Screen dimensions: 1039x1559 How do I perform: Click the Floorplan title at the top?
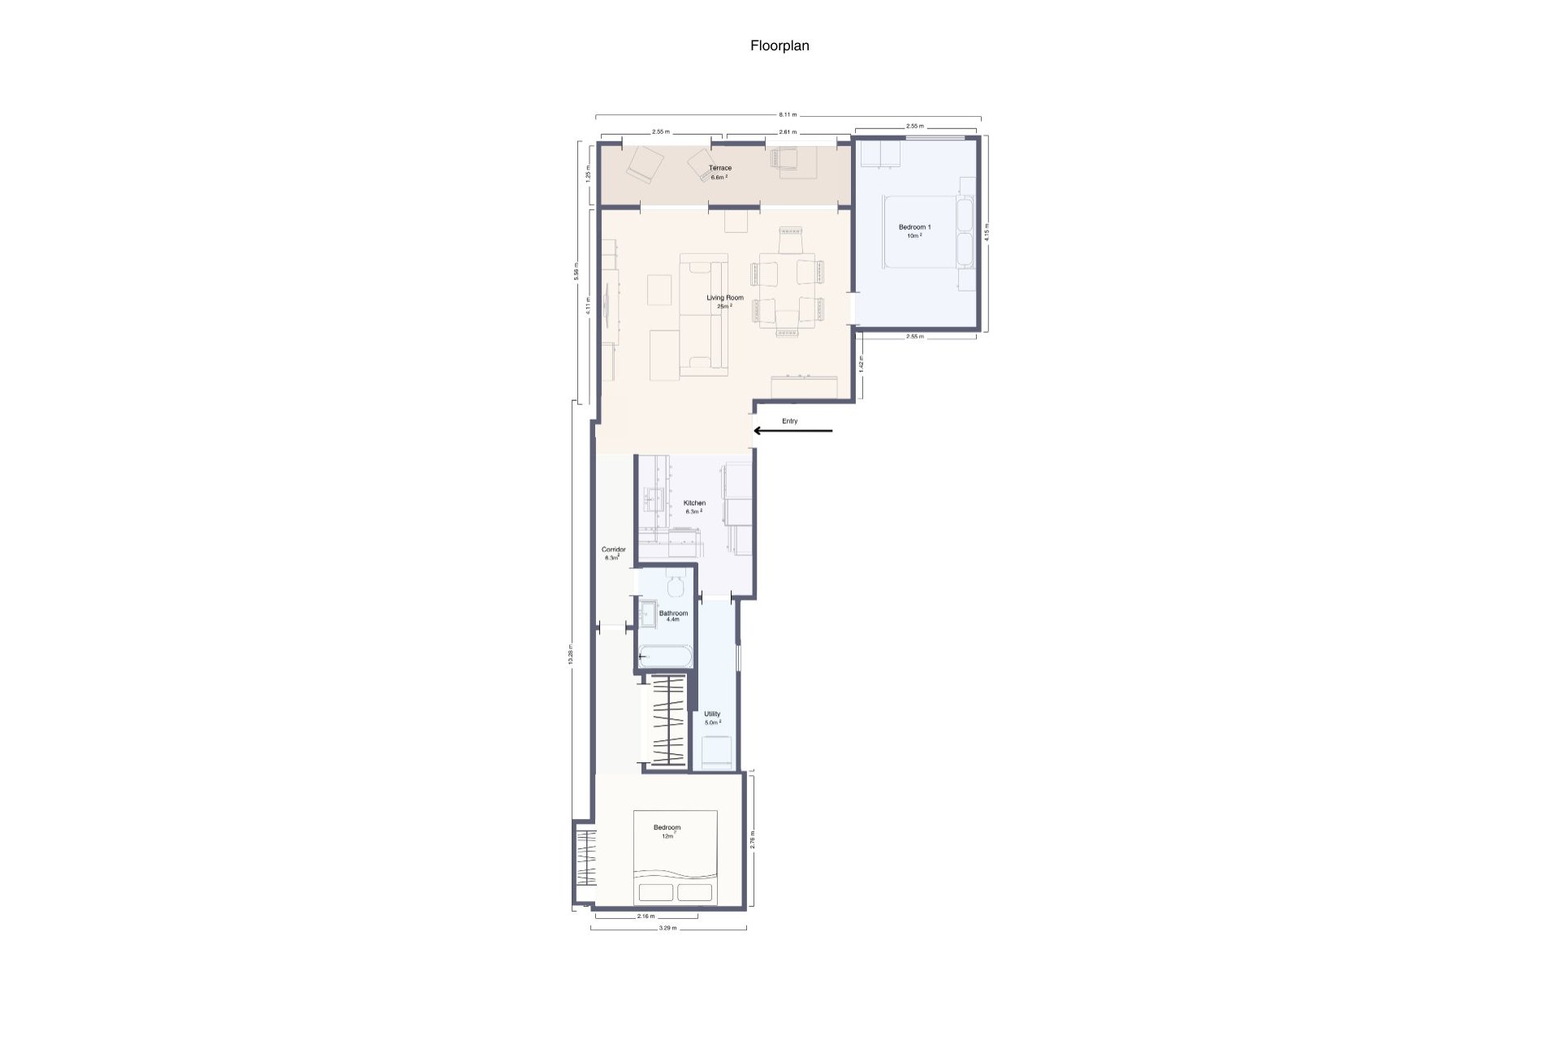pyautogui.click(x=779, y=46)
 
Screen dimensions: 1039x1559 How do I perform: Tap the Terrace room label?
pyautogui.click(x=719, y=168)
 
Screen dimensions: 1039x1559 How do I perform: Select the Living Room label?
pyautogui.click(x=724, y=298)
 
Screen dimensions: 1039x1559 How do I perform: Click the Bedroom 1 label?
pyautogui.click(x=914, y=227)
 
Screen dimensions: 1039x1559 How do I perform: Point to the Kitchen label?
pyautogui.click(x=694, y=503)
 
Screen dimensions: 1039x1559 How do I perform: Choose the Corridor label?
pyautogui.click(x=613, y=550)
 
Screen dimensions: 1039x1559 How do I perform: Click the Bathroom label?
pyautogui.click(x=673, y=614)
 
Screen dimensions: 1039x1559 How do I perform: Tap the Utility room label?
pyautogui.click(x=712, y=714)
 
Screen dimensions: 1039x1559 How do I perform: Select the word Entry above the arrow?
pyautogui.click(x=789, y=421)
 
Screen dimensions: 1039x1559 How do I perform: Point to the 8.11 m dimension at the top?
pyautogui.click(x=788, y=114)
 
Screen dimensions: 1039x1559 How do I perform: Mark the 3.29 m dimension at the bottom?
pyautogui.click(x=667, y=928)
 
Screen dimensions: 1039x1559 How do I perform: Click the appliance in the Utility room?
pyautogui.click(x=717, y=751)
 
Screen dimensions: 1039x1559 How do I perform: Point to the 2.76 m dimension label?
pyautogui.click(x=753, y=839)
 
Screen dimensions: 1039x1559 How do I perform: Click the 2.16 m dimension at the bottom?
pyautogui.click(x=646, y=916)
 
